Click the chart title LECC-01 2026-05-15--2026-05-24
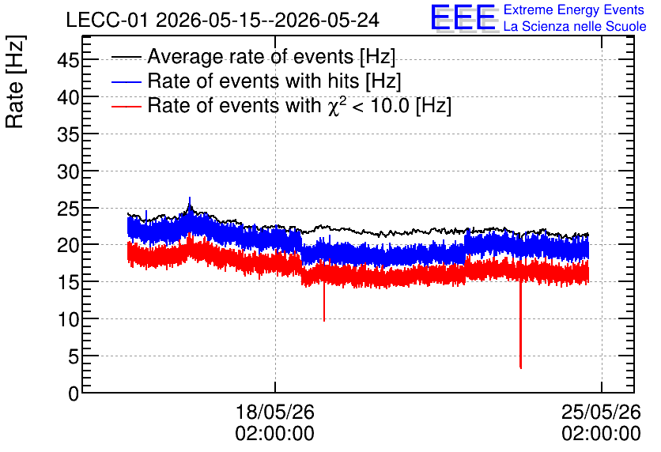pos(223,21)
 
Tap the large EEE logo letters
pos(463,17)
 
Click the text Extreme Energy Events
pos(574,9)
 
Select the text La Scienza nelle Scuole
pos(575,26)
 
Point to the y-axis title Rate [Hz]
pos(15,81)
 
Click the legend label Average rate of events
pos(271,56)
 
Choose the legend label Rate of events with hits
pos(274,81)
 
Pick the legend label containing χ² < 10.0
pos(300,105)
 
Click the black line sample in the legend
pos(127,57)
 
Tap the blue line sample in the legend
pos(127,81)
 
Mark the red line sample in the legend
pos(127,106)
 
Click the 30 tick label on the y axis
pos(68,171)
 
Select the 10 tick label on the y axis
pos(68,320)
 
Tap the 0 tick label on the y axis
pos(74,394)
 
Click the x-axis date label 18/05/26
pos(275,412)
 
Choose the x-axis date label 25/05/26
pos(601,412)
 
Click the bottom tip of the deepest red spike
pos(521,368)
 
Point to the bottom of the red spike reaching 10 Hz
pos(324,321)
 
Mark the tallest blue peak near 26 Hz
pos(190,197)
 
